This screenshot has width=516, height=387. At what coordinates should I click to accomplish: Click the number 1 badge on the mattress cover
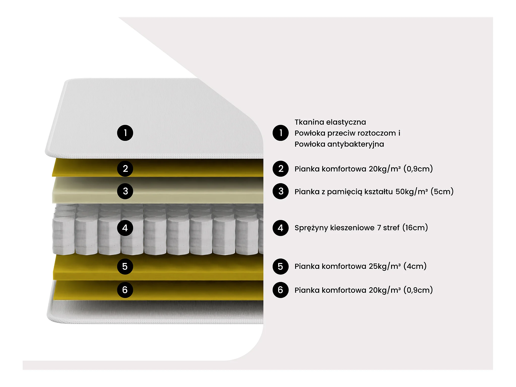[125, 133]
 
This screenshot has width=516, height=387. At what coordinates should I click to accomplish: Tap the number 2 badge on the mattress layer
[125, 169]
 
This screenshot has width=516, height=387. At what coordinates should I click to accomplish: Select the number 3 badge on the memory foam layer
[125, 191]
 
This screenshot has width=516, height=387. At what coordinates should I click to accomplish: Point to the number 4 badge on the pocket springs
[125, 228]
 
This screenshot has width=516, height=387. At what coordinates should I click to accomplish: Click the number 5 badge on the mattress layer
[125, 266]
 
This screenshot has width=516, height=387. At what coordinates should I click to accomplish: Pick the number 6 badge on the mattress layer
[125, 290]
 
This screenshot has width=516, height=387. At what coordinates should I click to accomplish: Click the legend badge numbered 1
[280, 133]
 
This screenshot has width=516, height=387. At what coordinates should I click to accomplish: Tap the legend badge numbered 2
[280, 169]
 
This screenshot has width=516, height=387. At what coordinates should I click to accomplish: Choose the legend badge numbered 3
[280, 191]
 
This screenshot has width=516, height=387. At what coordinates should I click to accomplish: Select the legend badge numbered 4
[280, 228]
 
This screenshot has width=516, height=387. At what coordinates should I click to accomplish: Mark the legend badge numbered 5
[280, 266]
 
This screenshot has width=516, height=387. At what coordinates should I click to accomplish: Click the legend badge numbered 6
[280, 290]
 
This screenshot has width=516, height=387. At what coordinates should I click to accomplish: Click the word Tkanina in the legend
[309, 122]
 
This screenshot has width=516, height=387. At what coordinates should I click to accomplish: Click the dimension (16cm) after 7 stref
[415, 228]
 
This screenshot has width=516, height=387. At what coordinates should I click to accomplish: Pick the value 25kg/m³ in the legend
[384, 266]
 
